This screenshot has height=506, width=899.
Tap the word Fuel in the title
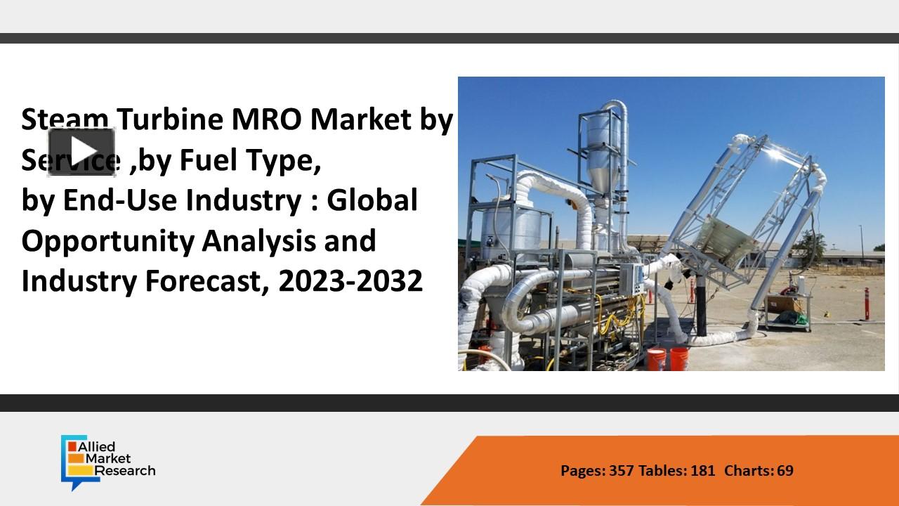click(209, 161)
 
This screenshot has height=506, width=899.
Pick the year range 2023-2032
click(350, 281)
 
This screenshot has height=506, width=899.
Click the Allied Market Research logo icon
click(72, 461)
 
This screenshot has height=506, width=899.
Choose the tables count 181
click(702, 470)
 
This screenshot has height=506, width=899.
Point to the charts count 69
click(785, 470)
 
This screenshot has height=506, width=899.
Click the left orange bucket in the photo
click(655, 358)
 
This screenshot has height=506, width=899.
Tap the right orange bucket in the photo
click(679, 358)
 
